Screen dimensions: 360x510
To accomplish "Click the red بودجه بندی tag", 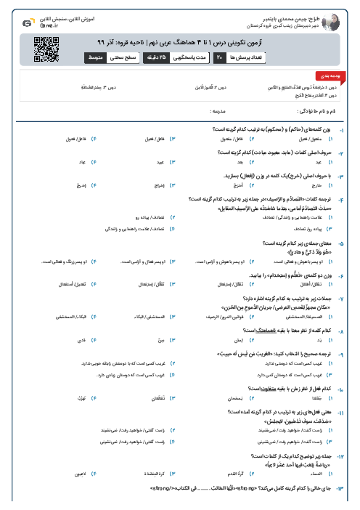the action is click(322, 75).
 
